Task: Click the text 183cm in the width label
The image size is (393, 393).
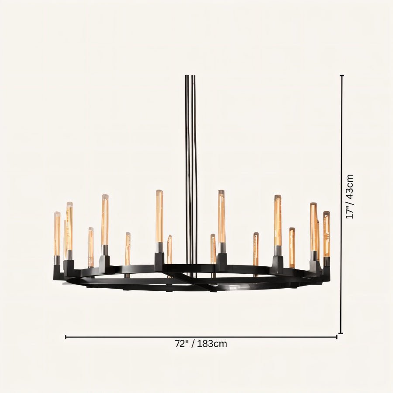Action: coord(212,344)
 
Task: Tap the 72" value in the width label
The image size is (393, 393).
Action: coord(182,344)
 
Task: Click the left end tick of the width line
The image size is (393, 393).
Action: coord(66,337)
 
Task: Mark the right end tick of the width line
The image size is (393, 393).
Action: coord(337,337)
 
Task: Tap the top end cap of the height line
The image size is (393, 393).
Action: coord(341,76)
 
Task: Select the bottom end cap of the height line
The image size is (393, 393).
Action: coord(341,333)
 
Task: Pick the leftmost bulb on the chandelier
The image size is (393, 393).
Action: coord(57,234)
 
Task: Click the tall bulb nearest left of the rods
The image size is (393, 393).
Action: coord(159,216)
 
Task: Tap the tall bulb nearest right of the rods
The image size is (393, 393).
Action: coord(221,216)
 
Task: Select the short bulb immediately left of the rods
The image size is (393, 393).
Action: coord(169,250)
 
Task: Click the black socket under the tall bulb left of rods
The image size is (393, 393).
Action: coord(159,261)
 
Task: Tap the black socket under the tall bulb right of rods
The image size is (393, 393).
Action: coord(222,262)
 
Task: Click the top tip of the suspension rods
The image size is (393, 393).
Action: coord(190,77)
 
